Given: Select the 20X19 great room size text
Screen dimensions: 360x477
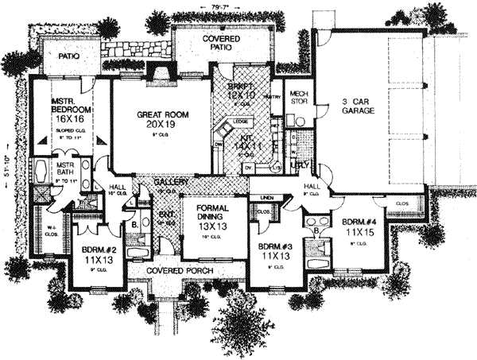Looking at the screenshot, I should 160,126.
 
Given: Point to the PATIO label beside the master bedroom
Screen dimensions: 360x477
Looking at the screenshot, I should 63,57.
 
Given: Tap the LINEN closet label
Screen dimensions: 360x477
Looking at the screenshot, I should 268,196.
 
